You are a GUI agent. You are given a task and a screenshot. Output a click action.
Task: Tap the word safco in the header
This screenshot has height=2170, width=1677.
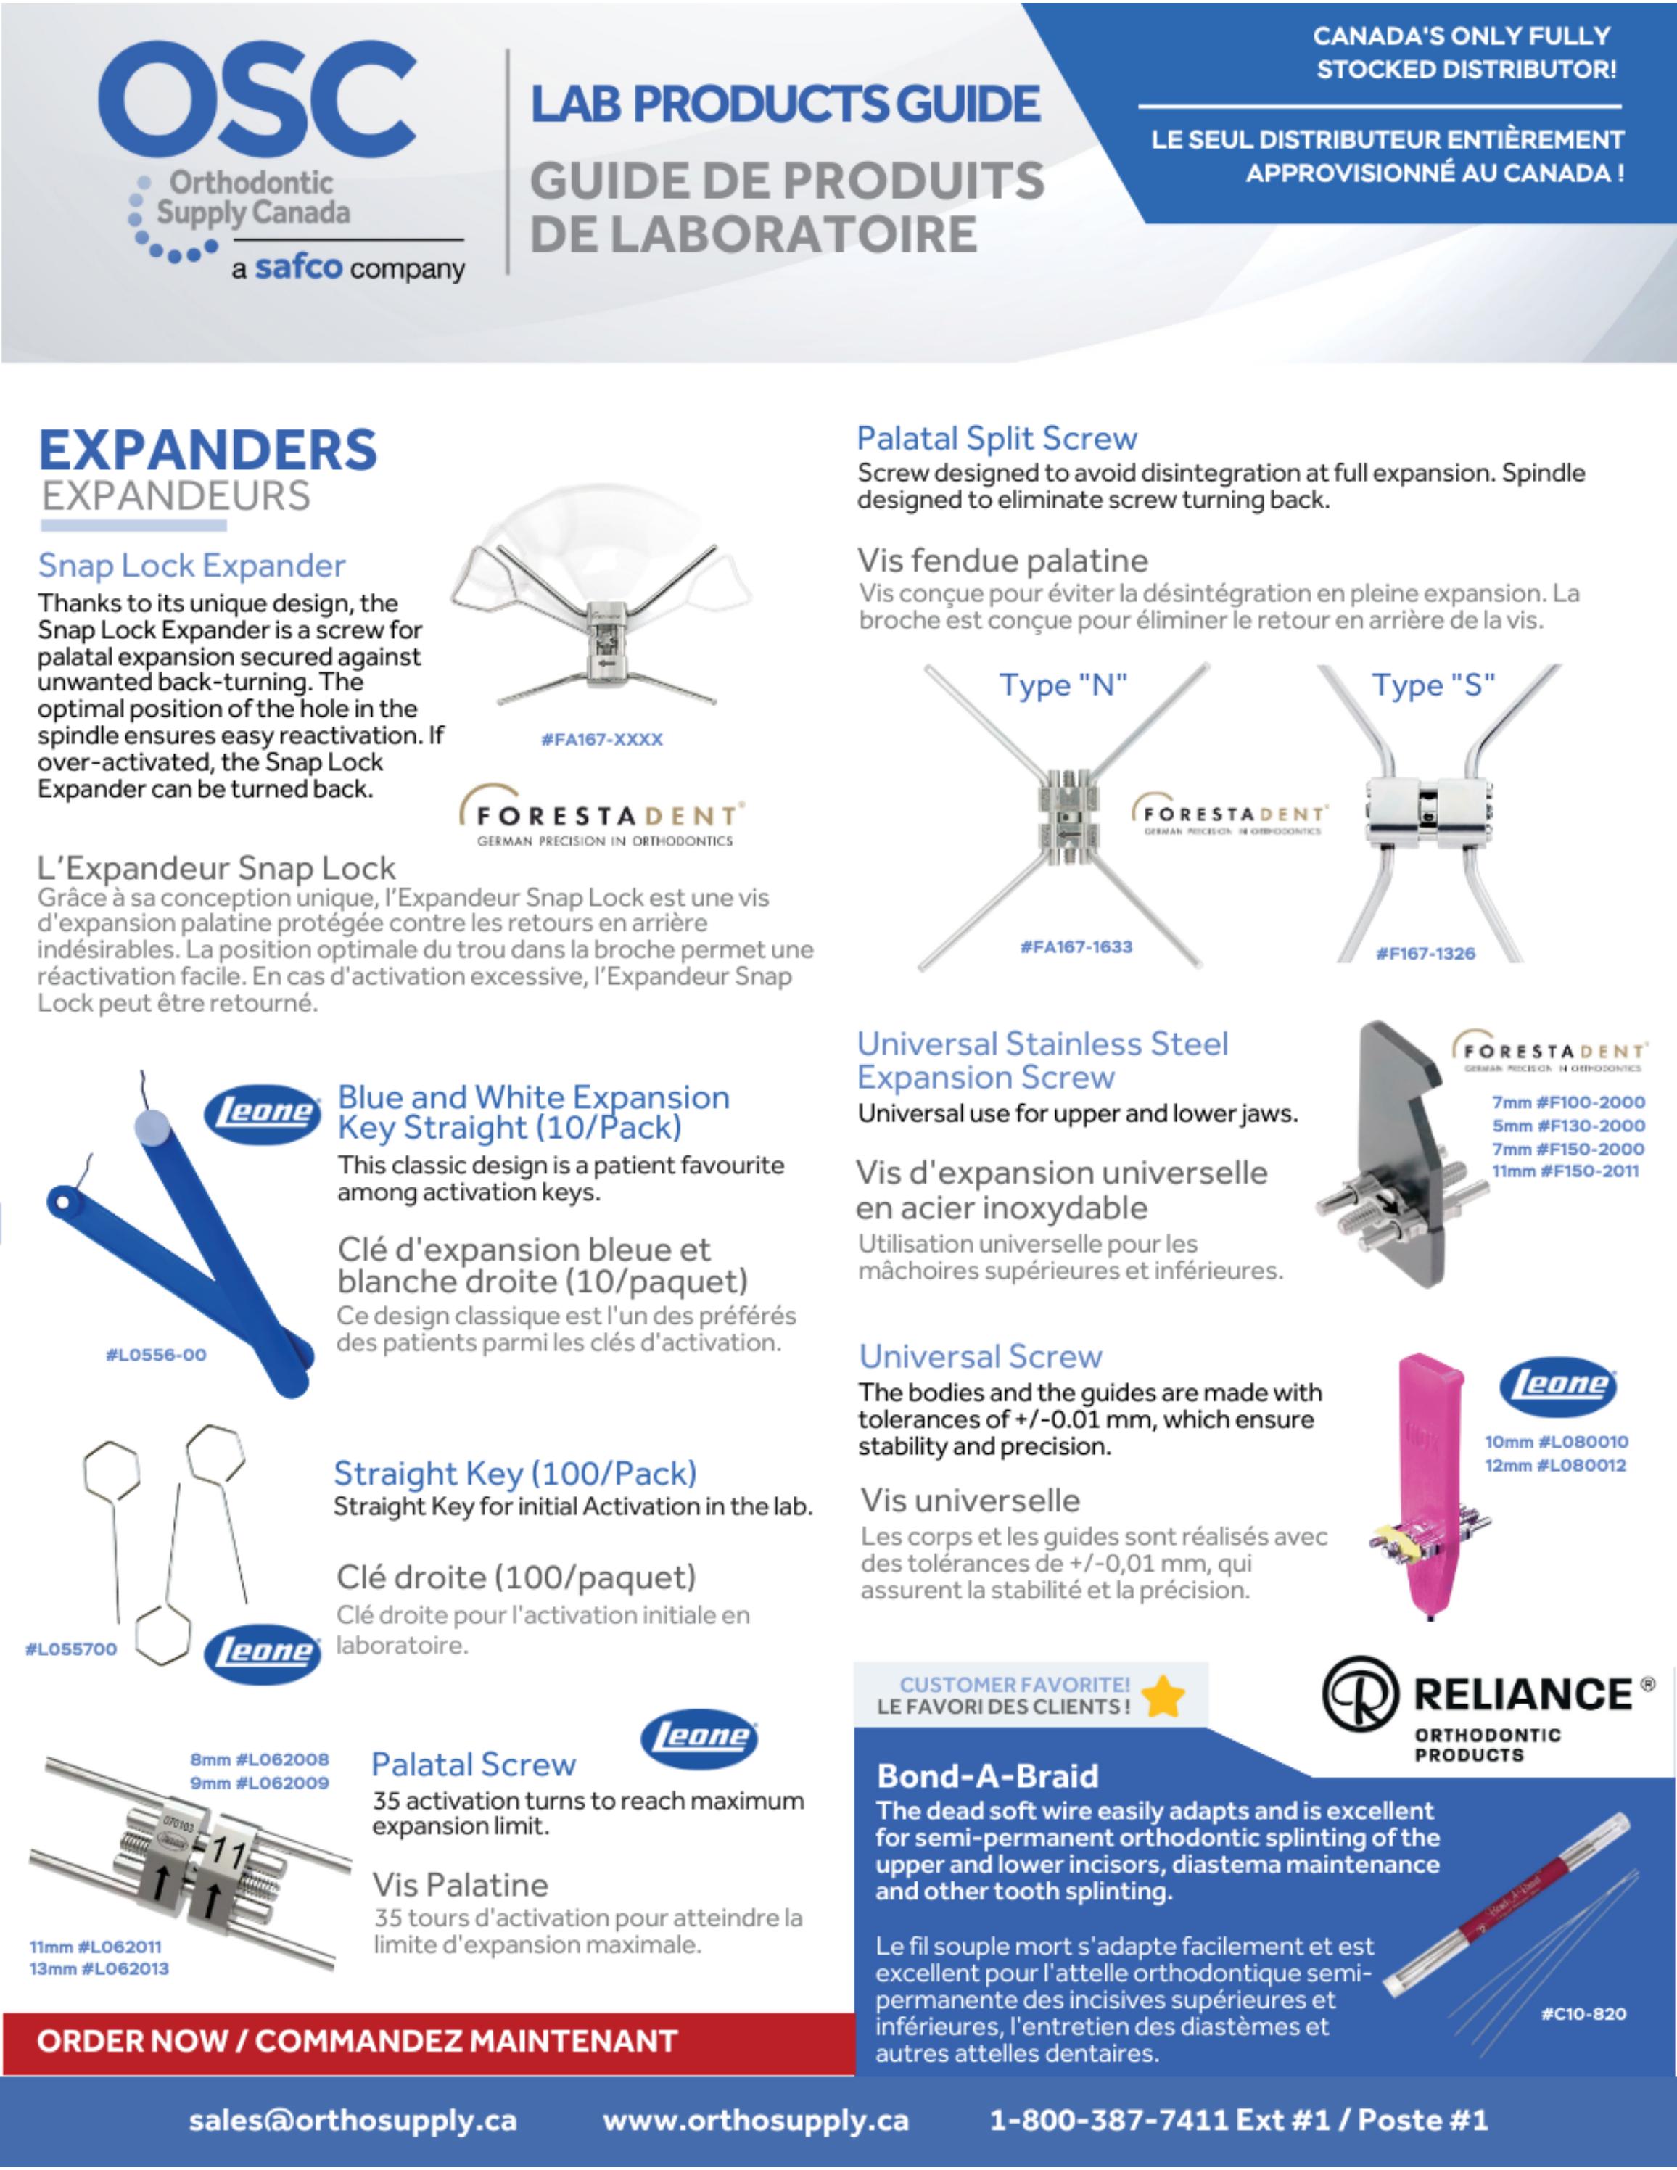pyautogui.click(x=298, y=268)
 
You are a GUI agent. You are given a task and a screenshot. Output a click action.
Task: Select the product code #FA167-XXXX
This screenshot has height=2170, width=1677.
pyautogui.click(x=601, y=739)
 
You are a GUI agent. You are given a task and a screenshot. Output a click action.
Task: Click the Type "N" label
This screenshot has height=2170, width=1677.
pyautogui.click(x=1063, y=685)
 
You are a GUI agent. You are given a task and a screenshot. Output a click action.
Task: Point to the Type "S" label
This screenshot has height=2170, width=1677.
pyautogui.click(x=1433, y=685)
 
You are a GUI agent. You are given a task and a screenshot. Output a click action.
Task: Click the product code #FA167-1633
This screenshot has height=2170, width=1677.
pyautogui.click(x=1076, y=947)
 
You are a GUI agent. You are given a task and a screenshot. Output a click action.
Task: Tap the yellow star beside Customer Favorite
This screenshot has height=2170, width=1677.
pyautogui.click(x=1163, y=1696)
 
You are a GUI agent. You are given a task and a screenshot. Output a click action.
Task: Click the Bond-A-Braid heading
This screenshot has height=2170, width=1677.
pyautogui.click(x=986, y=1775)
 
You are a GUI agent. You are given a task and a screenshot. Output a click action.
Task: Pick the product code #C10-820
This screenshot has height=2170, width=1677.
pyautogui.click(x=1583, y=2014)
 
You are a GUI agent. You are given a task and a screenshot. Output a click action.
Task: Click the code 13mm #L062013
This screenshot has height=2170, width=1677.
pyautogui.click(x=99, y=1968)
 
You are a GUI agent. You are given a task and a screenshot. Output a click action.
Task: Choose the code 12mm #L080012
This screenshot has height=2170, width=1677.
pyautogui.click(x=1555, y=1466)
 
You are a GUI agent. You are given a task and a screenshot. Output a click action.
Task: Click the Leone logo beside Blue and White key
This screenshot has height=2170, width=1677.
pyautogui.click(x=263, y=1112)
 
